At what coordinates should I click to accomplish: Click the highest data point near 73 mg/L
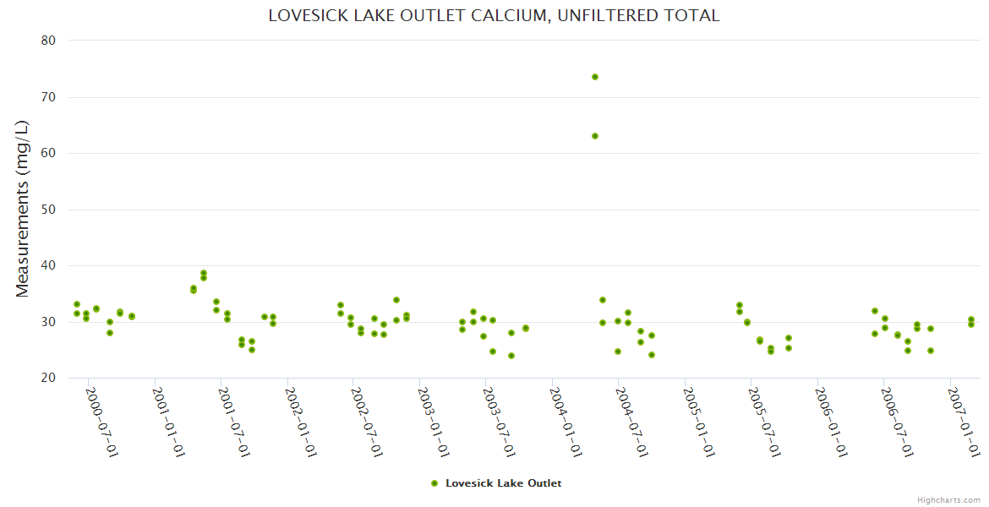click(595, 77)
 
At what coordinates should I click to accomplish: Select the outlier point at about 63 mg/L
click(595, 136)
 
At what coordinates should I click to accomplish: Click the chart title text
click(494, 15)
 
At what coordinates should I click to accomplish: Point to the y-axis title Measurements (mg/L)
click(23, 208)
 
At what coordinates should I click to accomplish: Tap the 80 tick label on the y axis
click(48, 41)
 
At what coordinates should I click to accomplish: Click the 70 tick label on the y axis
click(48, 97)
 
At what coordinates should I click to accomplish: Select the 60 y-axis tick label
click(48, 153)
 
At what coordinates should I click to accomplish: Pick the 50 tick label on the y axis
click(48, 210)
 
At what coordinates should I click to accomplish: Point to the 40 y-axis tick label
click(48, 265)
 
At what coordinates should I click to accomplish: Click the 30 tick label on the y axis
click(48, 322)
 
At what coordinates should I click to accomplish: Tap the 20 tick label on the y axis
click(48, 378)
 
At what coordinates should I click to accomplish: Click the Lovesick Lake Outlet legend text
click(503, 483)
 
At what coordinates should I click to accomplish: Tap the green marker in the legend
click(434, 483)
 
